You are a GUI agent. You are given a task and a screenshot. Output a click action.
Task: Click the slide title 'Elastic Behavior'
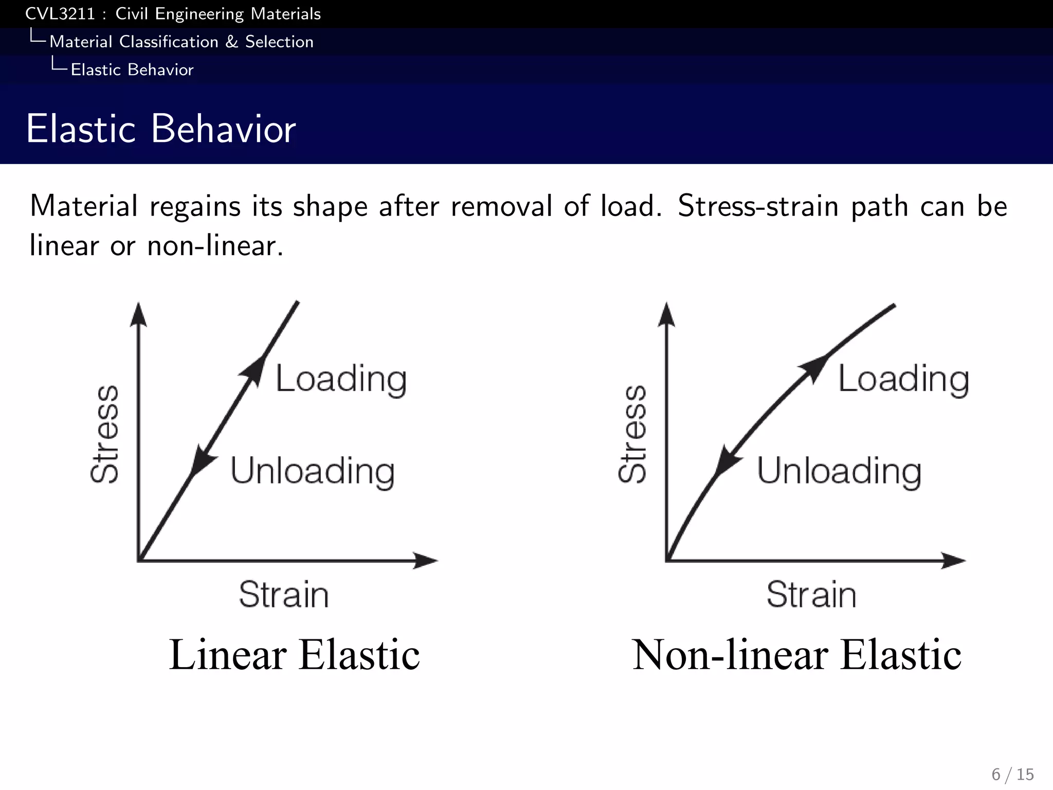pyautogui.click(x=160, y=129)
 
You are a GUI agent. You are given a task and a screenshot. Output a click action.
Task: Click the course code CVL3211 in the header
pyautogui.click(x=60, y=14)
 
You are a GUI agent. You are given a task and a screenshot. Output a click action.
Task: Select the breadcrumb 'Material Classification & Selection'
pyautogui.click(x=181, y=42)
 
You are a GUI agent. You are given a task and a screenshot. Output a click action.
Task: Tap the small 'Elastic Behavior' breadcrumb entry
pyautogui.click(x=132, y=70)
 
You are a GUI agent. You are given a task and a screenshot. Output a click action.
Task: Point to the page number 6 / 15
pyautogui.click(x=1012, y=774)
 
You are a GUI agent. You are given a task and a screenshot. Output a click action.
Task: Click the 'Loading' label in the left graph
pyautogui.click(x=341, y=379)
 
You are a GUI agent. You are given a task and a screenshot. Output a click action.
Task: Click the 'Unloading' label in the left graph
pyautogui.click(x=312, y=471)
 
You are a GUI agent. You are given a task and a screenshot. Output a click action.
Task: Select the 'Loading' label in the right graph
pyautogui.click(x=903, y=379)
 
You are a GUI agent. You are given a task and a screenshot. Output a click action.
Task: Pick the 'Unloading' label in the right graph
pyautogui.click(x=839, y=471)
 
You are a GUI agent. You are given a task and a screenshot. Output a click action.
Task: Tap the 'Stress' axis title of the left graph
pyautogui.click(x=105, y=434)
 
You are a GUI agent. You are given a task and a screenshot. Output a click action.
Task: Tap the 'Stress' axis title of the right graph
pyautogui.click(x=632, y=434)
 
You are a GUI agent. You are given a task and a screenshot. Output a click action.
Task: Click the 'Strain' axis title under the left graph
pyautogui.click(x=284, y=595)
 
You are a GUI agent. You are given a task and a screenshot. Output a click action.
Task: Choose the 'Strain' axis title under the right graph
pyautogui.click(x=811, y=595)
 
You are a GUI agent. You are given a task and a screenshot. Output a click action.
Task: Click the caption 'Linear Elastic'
pyautogui.click(x=294, y=655)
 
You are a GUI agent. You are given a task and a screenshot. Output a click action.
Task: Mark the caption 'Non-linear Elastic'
pyautogui.click(x=796, y=655)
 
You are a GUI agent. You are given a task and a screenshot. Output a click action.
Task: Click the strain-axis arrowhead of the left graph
pyautogui.click(x=426, y=560)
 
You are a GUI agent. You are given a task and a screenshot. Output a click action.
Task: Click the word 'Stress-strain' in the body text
pyautogui.click(x=758, y=206)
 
